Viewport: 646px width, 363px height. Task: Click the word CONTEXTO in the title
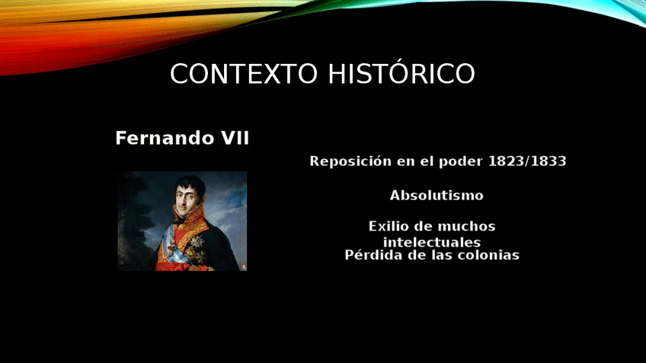click(244, 74)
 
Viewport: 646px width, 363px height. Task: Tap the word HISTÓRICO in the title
click(401, 73)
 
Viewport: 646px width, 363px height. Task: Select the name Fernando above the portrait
click(165, 139)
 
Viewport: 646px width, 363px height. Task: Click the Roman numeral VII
click(235, 139)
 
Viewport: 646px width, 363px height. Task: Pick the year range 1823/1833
click(527, 161)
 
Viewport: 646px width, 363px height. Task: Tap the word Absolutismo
click(437, 195)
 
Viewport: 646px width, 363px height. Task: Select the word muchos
click(466, 226)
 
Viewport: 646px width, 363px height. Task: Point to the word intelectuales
click(432, 242)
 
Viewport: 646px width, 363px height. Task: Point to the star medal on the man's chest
click(197, 241)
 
